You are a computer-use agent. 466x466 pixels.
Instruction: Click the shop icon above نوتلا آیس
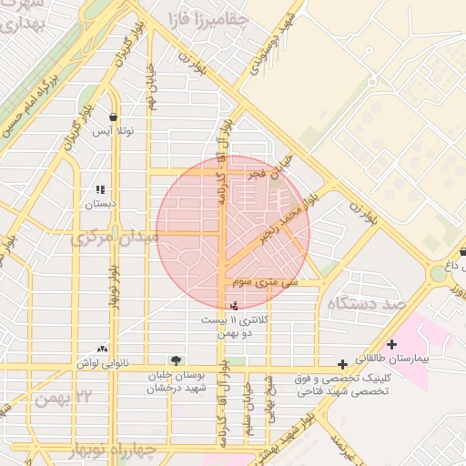[x=113, y=117]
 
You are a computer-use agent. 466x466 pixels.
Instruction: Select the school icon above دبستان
[x=100, y=190]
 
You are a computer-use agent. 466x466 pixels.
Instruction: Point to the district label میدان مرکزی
[x=116, y=238]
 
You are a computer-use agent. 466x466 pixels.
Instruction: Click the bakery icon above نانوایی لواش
[x=102, y=349]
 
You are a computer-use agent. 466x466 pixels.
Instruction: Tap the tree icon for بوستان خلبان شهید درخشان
[x=175, y=360]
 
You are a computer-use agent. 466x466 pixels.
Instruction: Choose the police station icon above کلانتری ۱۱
[x=238, y=307]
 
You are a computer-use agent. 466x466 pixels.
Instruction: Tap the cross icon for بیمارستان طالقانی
[x=391, y=345]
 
